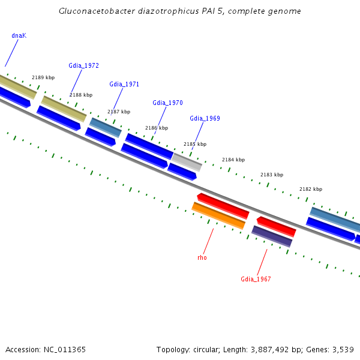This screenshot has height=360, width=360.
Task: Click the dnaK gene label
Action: [x=19, y=35]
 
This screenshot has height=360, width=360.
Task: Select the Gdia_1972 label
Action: [x=83, y=65]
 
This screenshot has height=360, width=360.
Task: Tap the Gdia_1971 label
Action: [x=124, y=84]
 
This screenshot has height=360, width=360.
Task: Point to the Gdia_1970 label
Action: [x=167, y=103]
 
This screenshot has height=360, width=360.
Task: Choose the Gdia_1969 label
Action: [x=205, y=118]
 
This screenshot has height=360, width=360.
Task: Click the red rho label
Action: [x=202, y=257]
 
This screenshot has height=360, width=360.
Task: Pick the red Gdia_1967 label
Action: [x=256, y=279]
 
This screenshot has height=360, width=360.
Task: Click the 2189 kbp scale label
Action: [x=43, y=77]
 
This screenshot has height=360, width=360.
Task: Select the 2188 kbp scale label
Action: [x=81, y=95]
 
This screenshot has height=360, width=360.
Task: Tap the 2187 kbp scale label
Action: [x=119, y=112]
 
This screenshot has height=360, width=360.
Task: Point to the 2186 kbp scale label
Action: [x=157, y=128]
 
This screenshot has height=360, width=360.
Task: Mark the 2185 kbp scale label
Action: [x=195, y=144]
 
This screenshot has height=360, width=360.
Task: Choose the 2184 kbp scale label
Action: [x=233, y=160]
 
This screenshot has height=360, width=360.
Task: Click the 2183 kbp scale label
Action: [x=272, y=175]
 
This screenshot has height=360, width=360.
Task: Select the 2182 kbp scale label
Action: [x=311, y=189]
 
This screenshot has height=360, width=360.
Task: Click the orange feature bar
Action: [x=218, y=216]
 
